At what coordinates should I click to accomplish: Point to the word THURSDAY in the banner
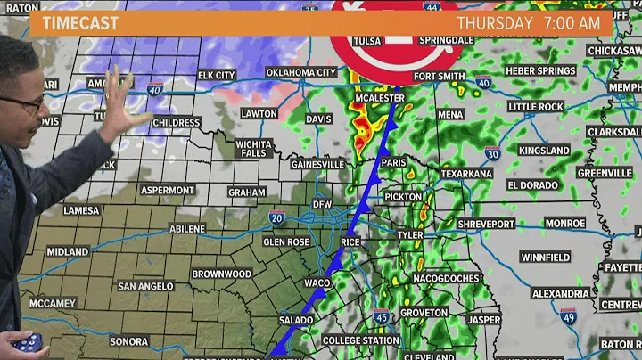(x=494, y=22)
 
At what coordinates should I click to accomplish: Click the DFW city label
(x=322, y=205)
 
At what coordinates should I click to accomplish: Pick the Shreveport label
(x=488, y=224)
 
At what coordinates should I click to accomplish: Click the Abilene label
(x=187, y=229)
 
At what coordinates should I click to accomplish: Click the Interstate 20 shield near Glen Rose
(x=280, y=217)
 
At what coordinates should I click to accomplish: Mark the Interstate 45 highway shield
(x=381, y=316)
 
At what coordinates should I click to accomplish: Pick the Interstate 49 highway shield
(x=569, y=316)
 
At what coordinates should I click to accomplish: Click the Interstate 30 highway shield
(x=491, y=130)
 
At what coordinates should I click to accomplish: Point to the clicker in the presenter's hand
(x=24, y=342)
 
